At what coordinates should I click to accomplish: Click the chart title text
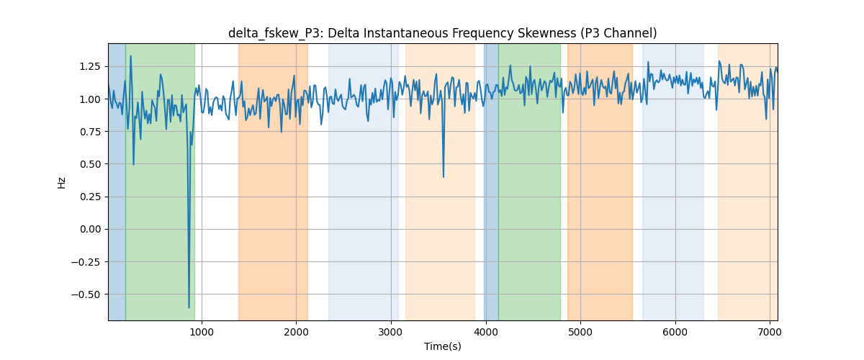click(x=442, y=34)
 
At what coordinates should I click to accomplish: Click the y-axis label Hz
click(x=61, y=183)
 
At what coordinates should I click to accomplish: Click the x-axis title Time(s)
click(x=442, y=346)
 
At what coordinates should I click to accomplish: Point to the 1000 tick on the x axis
click(x=202, y=332)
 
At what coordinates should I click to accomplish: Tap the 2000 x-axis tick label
click(x=296, y=332)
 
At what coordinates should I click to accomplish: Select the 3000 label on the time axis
click(x=391, y=332)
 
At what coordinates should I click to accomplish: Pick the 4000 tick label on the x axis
click(x=485, y=332)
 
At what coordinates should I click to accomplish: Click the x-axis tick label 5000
click(x=580, y=332)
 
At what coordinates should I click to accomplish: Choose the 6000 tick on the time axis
click(x=675, y=332)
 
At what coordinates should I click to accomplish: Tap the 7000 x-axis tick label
click(x=770, y=332)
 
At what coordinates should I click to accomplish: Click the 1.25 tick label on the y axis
click(x=90, y=67)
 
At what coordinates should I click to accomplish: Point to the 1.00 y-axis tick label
click(x=90, y=99)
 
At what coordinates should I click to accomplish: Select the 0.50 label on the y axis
click(x=90, y=164)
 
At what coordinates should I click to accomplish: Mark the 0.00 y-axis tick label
click(x=90, y=230)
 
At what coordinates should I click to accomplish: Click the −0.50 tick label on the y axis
click(x=86, y=294)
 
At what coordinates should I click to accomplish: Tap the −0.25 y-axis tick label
click(x=86, y=262)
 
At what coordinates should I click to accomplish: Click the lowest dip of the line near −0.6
click(x=189, y=307)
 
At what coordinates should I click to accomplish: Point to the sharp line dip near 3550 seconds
click(x=444, y=176)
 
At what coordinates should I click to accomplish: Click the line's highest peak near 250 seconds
click(x=131, y=56)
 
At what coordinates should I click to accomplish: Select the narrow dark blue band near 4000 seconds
click(x=491, y=181)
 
